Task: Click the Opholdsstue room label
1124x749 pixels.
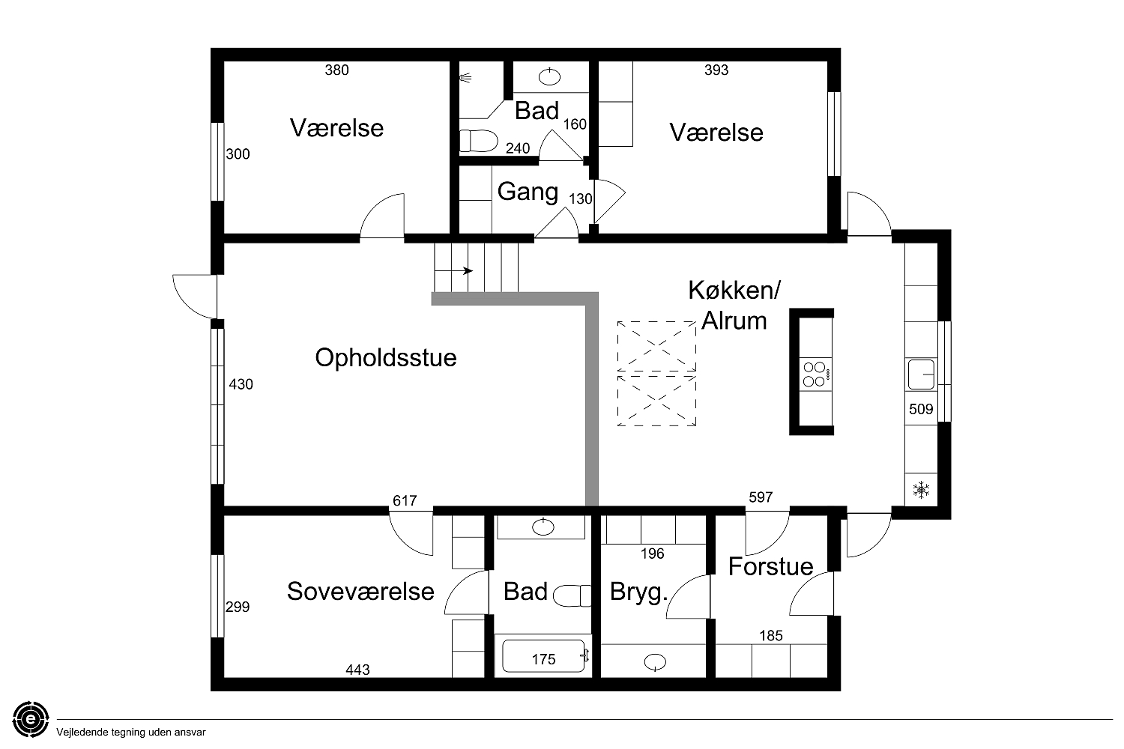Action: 385,358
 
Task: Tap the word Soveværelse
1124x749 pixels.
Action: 360,591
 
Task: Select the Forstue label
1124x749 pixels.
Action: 770,566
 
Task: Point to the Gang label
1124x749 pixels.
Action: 528,192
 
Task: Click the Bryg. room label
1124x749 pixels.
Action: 638,592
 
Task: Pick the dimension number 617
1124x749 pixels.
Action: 405,500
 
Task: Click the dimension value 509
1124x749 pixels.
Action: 921,410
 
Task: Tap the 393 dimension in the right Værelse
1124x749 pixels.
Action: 716,70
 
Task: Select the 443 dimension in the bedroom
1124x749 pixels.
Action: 357,670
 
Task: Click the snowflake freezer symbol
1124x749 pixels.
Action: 921,490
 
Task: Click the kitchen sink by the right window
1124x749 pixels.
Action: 921,374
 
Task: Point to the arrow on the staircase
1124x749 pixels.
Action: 453,271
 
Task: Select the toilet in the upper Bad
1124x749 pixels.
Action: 478,141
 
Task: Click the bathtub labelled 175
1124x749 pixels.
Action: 544,655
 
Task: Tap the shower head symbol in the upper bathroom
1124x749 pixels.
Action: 465,78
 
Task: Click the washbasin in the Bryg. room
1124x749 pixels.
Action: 655,662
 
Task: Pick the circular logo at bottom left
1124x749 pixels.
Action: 31,719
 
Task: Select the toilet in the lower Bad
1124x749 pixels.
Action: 572,596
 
